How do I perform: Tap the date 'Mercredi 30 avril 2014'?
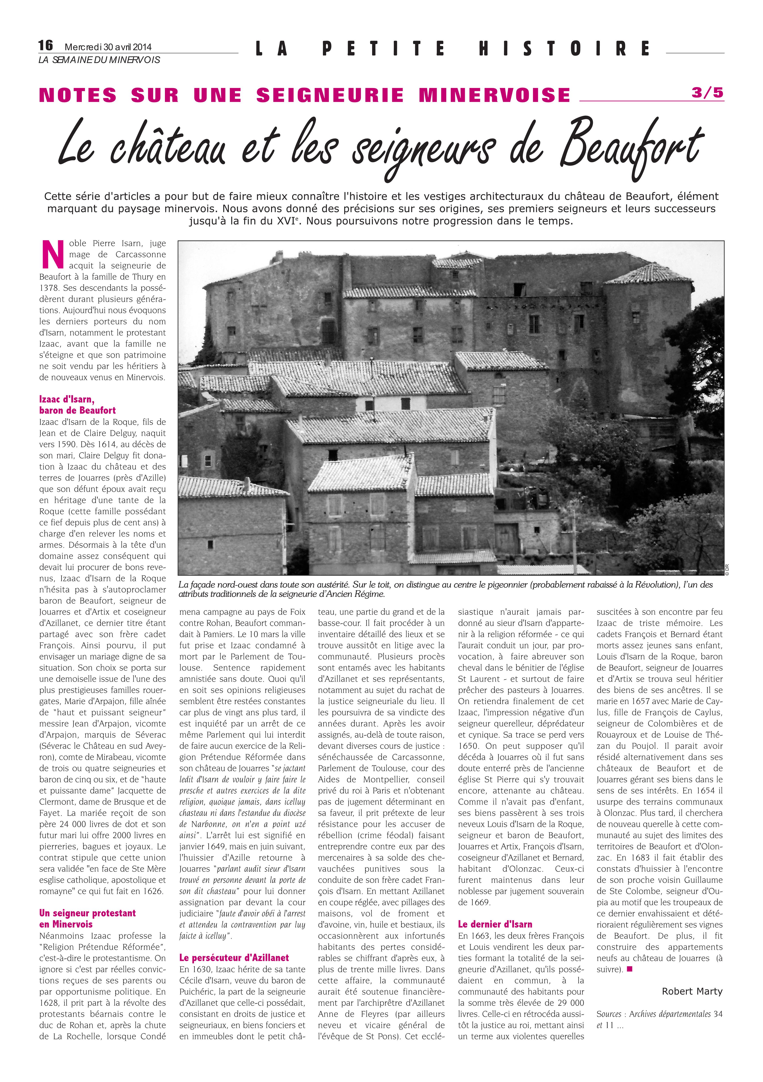pyautogui.click(x=108, y=47)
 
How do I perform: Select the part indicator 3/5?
pyautogui.click(x=707, y=93)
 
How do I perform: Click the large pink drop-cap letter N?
pyautogui.click(x=53, y=254)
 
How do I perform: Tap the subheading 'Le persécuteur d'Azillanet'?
pyautogui.click(x=234, y=958)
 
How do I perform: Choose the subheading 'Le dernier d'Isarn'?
pyautogui.click(x=495, y=924)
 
